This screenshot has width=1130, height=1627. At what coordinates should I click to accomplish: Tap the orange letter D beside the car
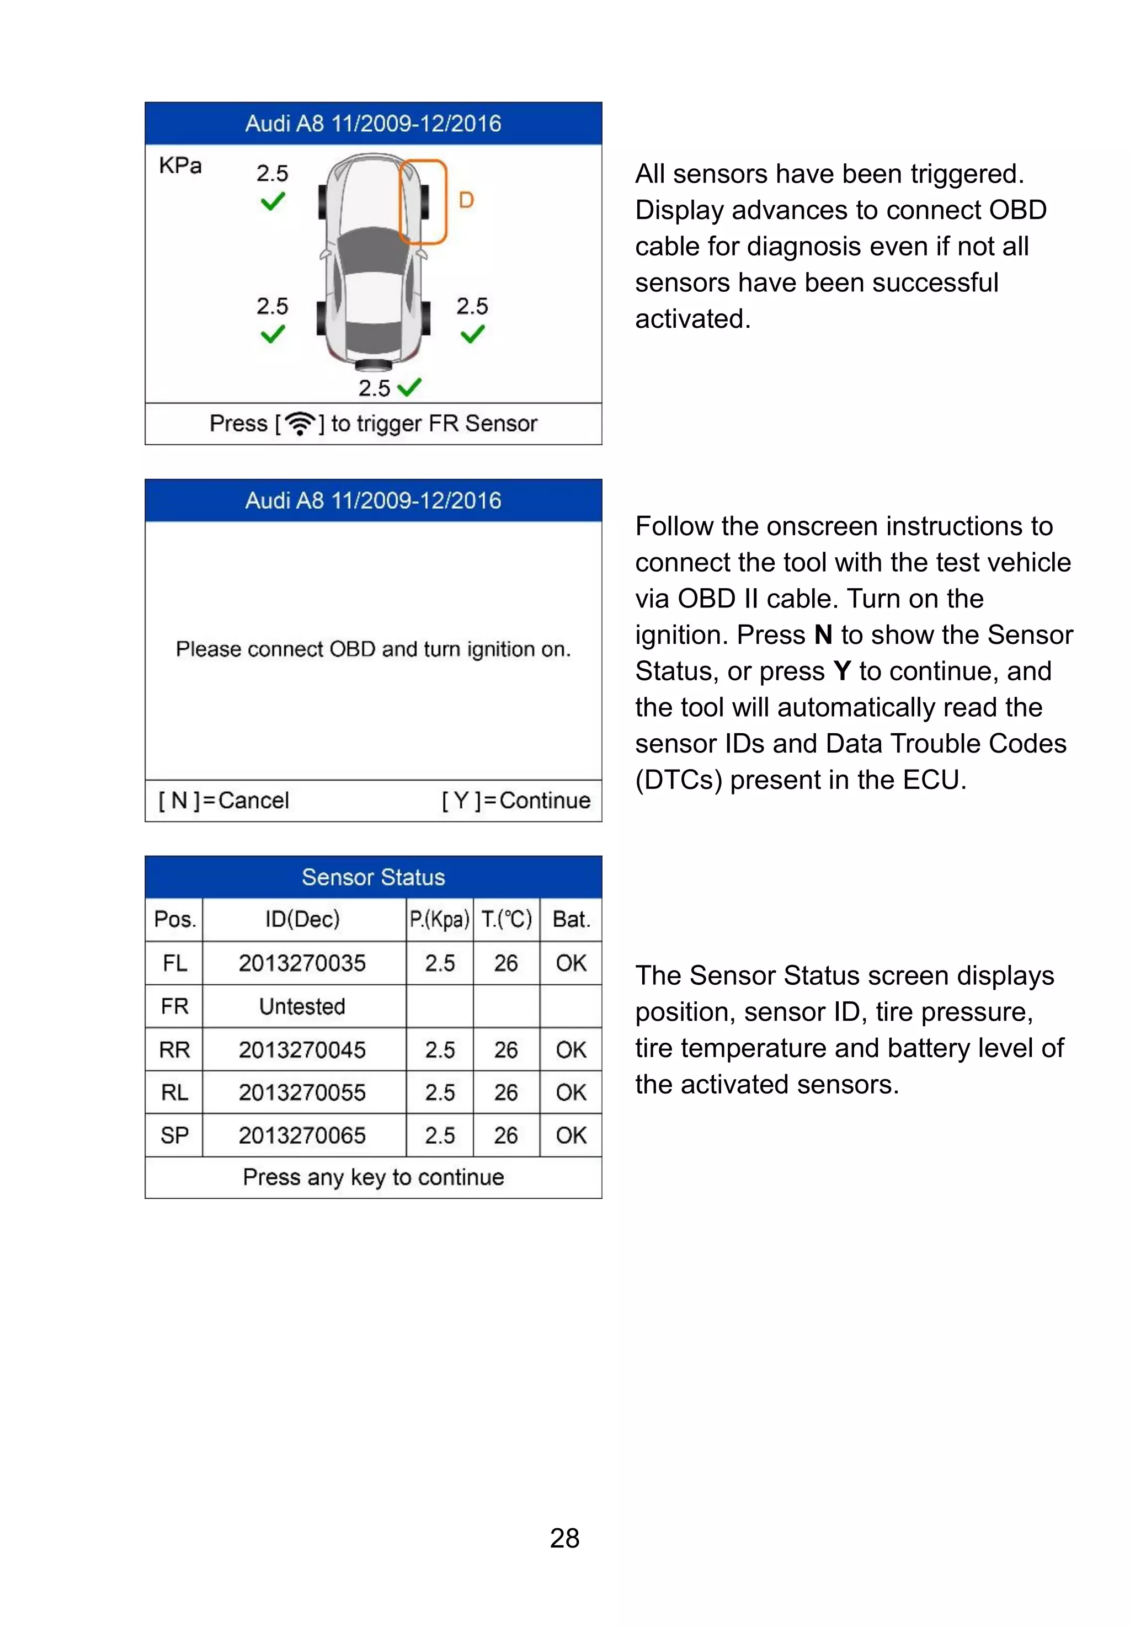[466, 200]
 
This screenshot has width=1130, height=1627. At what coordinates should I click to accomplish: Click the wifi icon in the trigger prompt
[301, 423]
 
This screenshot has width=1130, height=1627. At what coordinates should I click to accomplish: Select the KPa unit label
[180, 166]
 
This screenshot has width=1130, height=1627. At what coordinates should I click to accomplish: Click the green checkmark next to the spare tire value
[410, 387]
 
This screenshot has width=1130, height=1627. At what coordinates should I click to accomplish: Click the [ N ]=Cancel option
[223, 800]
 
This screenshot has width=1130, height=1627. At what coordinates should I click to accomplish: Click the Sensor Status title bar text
[373, 877]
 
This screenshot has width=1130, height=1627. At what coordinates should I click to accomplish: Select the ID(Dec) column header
[302, 919]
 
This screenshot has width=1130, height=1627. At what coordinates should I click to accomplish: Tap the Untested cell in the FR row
[302, 1006]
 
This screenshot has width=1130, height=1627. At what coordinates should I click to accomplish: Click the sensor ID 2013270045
[302, 1049]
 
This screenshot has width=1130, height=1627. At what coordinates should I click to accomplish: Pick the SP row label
[174, 1135]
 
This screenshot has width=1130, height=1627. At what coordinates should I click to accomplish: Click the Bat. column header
[571, 919]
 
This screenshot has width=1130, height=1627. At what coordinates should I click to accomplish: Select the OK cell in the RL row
[571, 1092]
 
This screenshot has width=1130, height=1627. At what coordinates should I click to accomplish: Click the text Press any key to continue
[373, 1177]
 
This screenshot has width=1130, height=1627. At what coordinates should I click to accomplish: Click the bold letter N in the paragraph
[823, 635]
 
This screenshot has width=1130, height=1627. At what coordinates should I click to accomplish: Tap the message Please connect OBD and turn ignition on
[373, 649]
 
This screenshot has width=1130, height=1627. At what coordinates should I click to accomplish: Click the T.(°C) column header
[506, 919]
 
